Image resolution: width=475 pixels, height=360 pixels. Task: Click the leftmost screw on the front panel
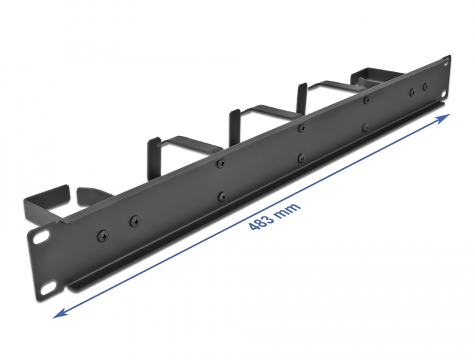pos(103,235)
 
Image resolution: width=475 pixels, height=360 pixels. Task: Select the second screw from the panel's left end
pos(134,220)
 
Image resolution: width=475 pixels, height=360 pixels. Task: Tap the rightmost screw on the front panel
pos(425,86)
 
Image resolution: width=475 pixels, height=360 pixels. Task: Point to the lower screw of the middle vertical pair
pos(301,158)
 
